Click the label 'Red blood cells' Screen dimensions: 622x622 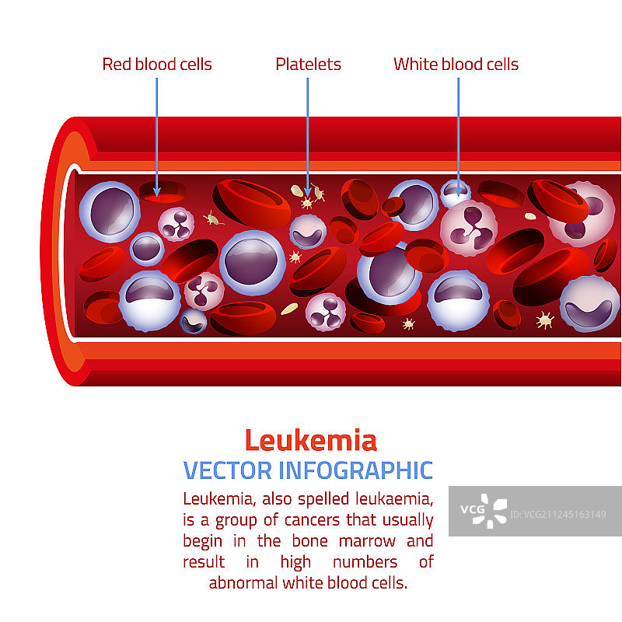pyautogui.click(x=156, y=64)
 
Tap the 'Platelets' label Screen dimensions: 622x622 pyautogui.click(x=308, y=64)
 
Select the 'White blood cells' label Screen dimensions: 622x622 pyautogui.click(x=456, y=64)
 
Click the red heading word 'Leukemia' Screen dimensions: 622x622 pyautogui.click(x=310, y=441)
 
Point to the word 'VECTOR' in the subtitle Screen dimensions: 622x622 pyautogui.click(x=227, y=470)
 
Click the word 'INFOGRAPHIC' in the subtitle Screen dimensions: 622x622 pyautogui.click(x=355, y=470)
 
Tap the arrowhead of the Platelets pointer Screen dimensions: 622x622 pyautogui.click(x=308, y=191)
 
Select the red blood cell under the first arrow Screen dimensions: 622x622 pyautogui.click(x=162, y=193)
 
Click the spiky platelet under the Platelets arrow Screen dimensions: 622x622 pyautogui.click(x=307, y=202)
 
